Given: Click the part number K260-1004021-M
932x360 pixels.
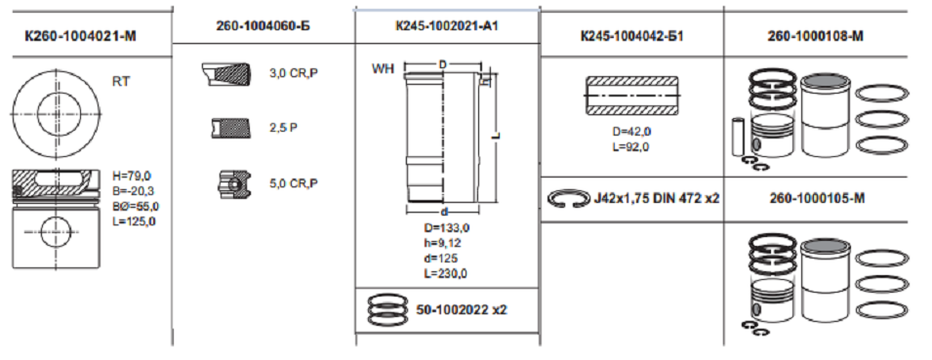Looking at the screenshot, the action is (80, 36).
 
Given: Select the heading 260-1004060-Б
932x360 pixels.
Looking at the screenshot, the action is (263, 25).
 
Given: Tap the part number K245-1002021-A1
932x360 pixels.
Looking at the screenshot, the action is (446, 25).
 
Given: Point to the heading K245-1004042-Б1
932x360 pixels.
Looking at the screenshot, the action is (631, 36).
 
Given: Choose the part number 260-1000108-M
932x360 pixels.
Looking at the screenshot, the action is (816, 36).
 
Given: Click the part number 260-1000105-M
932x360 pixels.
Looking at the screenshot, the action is (816, 198).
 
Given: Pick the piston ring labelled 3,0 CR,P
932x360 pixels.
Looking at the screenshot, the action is (223, 74).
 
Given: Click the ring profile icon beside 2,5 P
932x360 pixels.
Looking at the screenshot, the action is (226, 128).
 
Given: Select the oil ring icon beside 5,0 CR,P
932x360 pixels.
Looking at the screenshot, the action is (232, 183).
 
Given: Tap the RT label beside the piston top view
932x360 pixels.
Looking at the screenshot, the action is (121, 82).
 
